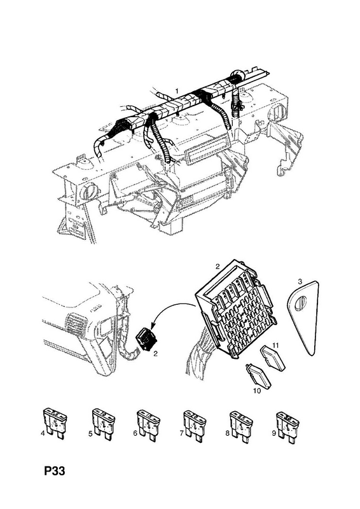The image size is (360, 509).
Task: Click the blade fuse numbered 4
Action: tap(55, 423)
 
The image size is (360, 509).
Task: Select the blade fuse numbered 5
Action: tap(103, 423)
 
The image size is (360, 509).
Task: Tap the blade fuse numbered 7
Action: tap(195, 426)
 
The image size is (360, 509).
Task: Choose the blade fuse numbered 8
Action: tap(241, 426)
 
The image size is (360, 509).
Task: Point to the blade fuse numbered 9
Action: tap(287, 427)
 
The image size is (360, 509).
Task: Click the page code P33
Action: tap(55, 471)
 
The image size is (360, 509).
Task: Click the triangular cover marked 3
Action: tap(303, 317)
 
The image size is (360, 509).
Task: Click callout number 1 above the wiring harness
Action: tap(177, 90)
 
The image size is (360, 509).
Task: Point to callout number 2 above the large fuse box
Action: tap(218, 267)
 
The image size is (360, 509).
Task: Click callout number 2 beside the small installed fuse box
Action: tap(155, 354)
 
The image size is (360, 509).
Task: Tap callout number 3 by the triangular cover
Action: tap(300, 281)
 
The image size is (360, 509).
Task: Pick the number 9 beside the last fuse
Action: tap(274, 433)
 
